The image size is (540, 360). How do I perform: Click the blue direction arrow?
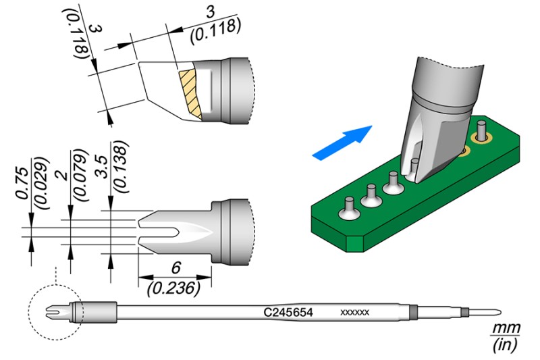pyautogui.click(x=344, y=143)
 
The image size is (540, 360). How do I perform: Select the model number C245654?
pyautogui.click(x=293, y=313)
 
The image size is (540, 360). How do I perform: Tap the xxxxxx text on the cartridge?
pyautogui.click(x=354, y=313)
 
